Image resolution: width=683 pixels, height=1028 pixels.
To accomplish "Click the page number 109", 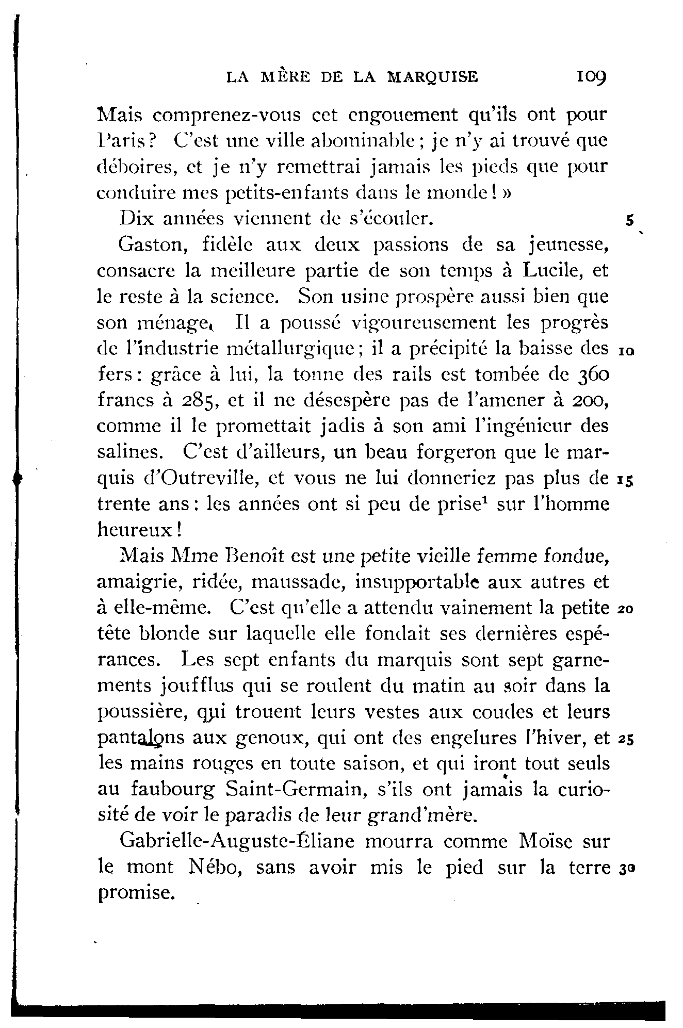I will [592, 77].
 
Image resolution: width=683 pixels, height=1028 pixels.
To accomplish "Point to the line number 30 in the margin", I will [626, 869].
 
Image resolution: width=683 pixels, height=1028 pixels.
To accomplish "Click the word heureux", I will [135, 530].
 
